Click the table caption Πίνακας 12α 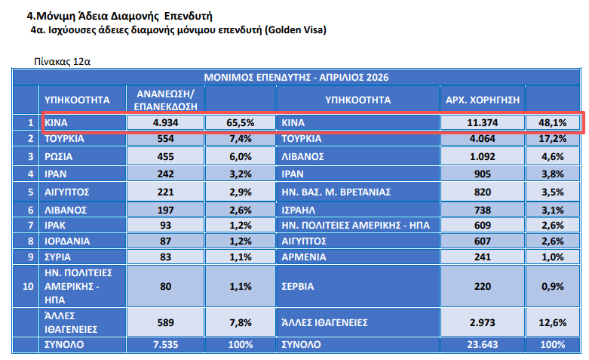tap(62, 61)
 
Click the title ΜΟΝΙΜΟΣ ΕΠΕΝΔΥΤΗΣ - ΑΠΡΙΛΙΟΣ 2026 tap(296, 78)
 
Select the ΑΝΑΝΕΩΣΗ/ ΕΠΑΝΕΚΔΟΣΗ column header tap(165, 100)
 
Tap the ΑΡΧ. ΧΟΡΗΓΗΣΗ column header tap(483, 100)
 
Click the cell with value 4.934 tap(165, 122)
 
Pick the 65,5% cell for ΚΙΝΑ tap(241, 122)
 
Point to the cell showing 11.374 tap(483, 122)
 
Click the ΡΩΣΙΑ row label tap(58, 156)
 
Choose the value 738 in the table tap(483, 210)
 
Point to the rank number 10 tap(28, 286)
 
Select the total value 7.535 tap(165, 345)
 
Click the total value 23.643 tap(483, 345)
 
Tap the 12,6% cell tap(552, 322)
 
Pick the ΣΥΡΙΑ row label tap(57, 257)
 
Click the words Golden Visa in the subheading tap(295, 29)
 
